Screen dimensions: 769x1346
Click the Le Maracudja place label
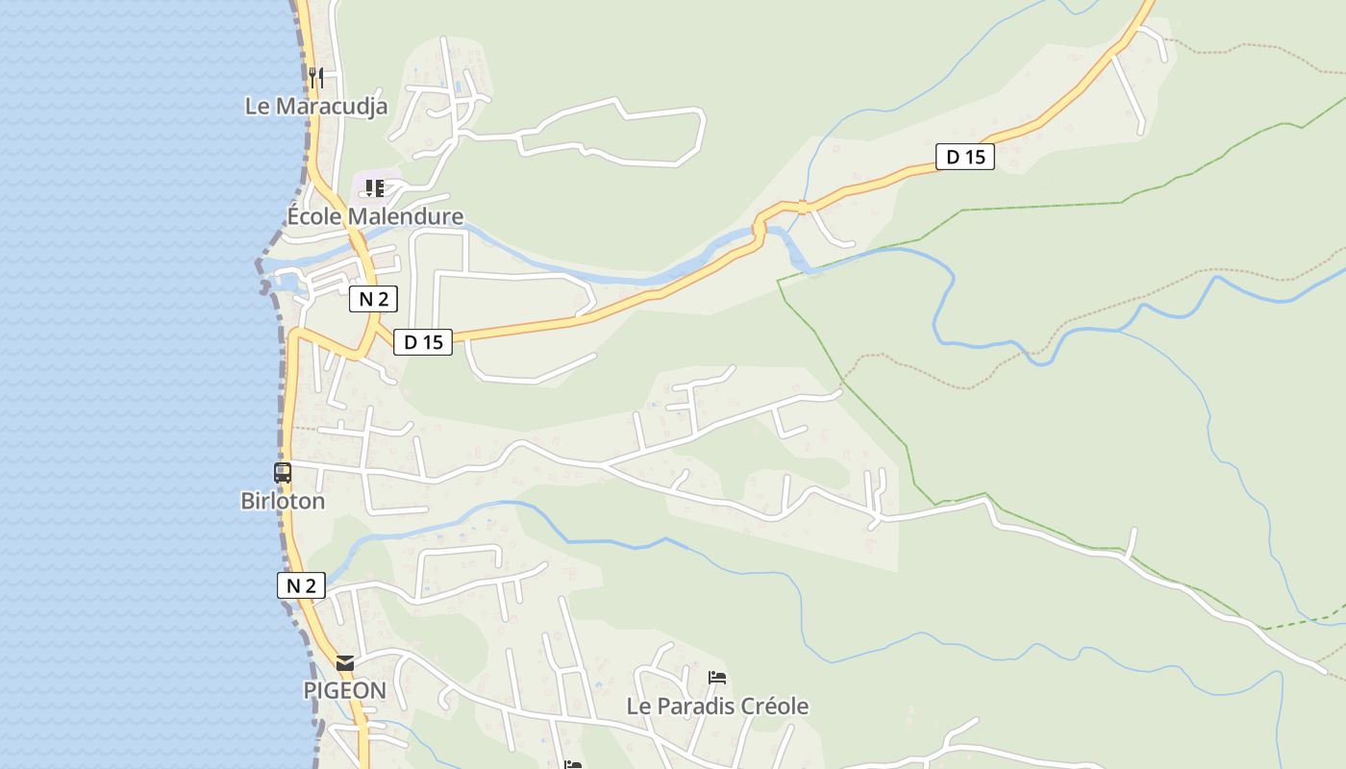click(x=316, y=106)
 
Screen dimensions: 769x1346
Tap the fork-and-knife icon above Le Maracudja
click(x=316, y=77)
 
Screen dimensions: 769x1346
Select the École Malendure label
click(x=375, y=216)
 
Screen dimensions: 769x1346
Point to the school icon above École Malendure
click(x=374, y=187)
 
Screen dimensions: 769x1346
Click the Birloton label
click(x=283, y=501)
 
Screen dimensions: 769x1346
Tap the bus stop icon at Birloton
click(x=283, y=473)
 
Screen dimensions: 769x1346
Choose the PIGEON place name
click(x=344, y=690)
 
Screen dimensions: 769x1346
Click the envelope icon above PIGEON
click(x=345, y=663)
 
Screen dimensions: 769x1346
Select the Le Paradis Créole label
click(x=717, y=707)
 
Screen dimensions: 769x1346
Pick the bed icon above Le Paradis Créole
click(x=717, y=678)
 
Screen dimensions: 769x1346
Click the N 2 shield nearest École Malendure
click(x=373, y=299)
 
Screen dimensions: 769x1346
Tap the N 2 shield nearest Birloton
click(x=301, y=585)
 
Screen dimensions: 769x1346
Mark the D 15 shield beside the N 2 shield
click(x=423, y=341)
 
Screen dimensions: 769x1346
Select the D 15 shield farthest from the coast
click(x=965, y=157)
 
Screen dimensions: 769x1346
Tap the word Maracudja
click(x=332, y=106)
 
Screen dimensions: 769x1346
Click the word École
click(x=314, y=216)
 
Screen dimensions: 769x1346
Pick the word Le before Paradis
click(x=637, y=707)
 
